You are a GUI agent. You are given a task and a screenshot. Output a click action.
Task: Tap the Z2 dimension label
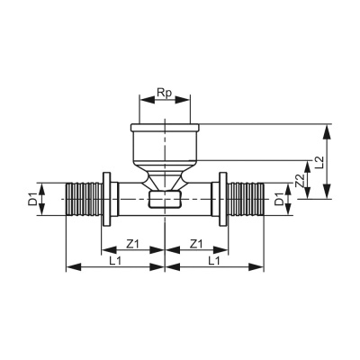300,183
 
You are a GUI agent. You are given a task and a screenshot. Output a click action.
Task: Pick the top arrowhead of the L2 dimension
328,128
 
